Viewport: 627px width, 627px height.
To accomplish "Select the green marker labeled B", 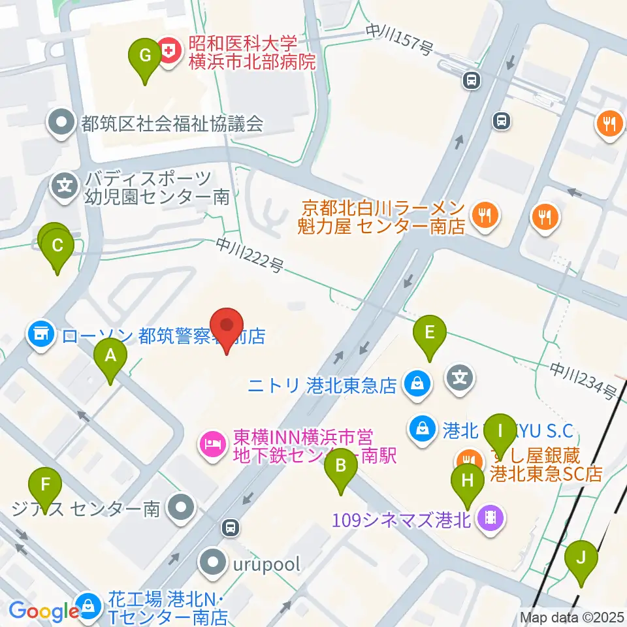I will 340,468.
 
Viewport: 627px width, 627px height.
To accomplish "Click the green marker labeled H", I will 468,484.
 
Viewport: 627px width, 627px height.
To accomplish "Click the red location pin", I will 227,327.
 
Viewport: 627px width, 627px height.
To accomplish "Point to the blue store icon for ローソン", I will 40,336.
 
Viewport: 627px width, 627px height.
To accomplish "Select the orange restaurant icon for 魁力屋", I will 484,215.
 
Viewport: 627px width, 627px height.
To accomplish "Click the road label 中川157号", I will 399,40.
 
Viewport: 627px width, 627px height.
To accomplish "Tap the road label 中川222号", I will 251,256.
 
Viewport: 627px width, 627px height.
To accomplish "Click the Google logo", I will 44,611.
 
